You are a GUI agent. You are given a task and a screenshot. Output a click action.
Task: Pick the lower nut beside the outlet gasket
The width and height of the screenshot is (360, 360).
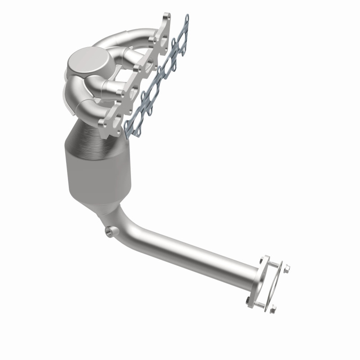273,309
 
